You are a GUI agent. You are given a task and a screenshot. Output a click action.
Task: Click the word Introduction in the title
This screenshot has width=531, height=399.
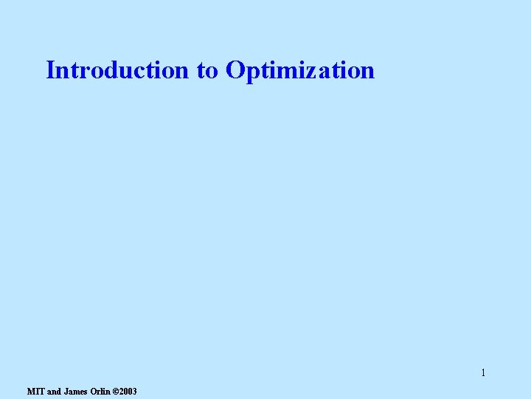point(117,70)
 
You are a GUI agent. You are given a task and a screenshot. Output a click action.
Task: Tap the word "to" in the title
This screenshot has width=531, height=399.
point(207,71)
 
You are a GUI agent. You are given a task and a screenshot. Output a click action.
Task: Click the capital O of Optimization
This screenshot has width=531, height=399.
point(235,70)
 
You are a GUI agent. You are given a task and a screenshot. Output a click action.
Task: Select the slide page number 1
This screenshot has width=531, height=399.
point(483,372)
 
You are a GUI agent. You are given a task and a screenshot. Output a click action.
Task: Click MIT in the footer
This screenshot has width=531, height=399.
point(35,391)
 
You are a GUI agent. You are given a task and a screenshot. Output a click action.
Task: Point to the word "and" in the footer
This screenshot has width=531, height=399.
point(54,391)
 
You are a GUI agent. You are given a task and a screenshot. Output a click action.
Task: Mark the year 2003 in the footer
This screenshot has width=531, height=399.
point(128,391)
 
